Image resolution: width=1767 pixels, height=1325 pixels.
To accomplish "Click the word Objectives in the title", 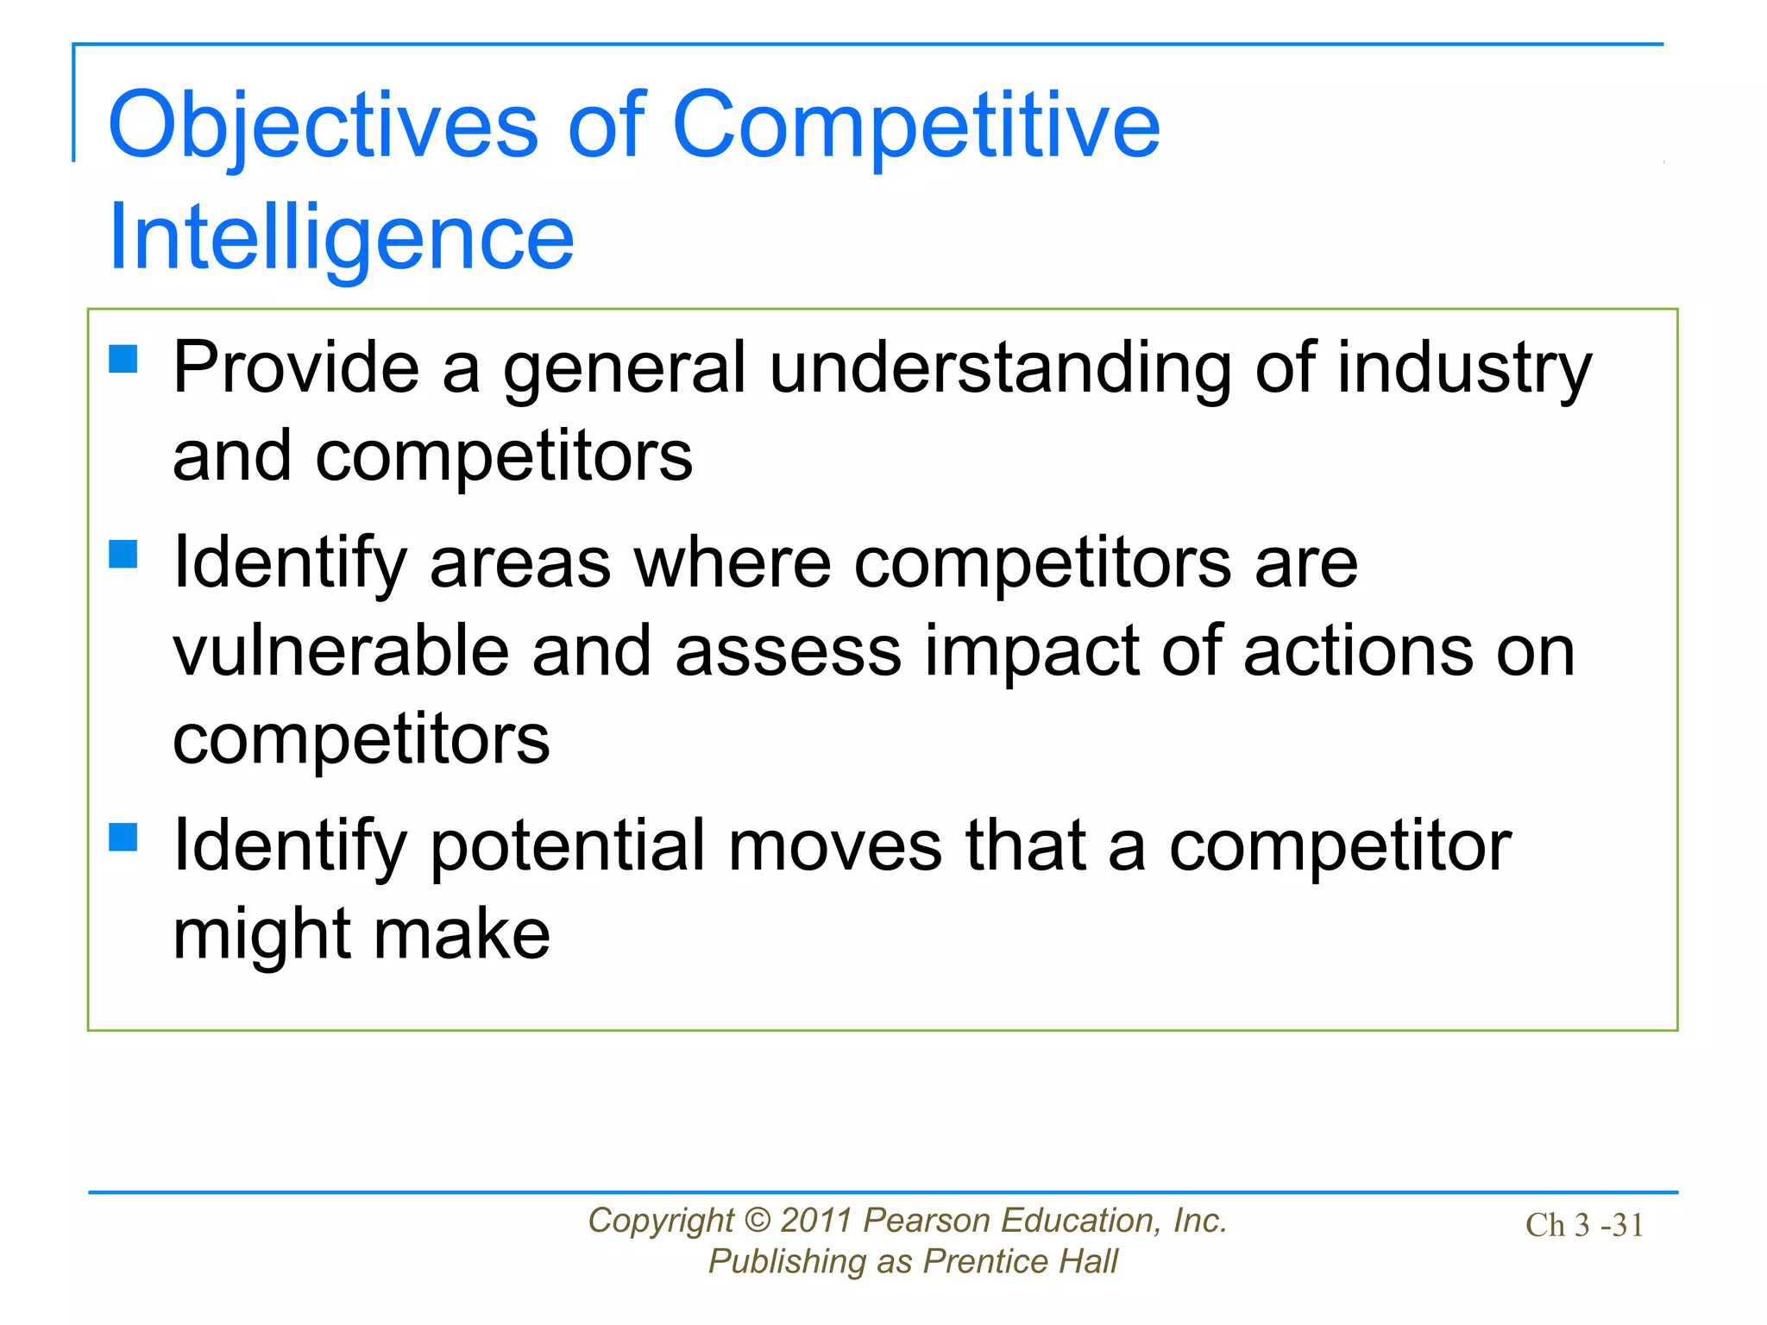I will click(x=323, y=127).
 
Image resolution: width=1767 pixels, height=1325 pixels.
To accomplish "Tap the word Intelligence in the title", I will click(x=341, y=238).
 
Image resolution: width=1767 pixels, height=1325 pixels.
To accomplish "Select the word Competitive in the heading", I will click(x=915, y=127).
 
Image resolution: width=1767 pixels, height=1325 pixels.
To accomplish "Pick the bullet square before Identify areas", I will click(x=123, y=554).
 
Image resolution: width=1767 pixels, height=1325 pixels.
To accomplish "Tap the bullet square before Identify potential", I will click(x=123, y=836).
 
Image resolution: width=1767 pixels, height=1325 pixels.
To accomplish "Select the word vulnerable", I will click(x=341, y=651).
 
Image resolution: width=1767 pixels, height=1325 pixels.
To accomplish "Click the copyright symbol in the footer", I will click(x=757, y=1221).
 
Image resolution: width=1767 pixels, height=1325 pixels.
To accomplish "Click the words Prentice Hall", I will click(x=1020, y=1261).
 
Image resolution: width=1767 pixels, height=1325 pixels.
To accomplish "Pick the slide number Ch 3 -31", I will click(x=1584, y=1225).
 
